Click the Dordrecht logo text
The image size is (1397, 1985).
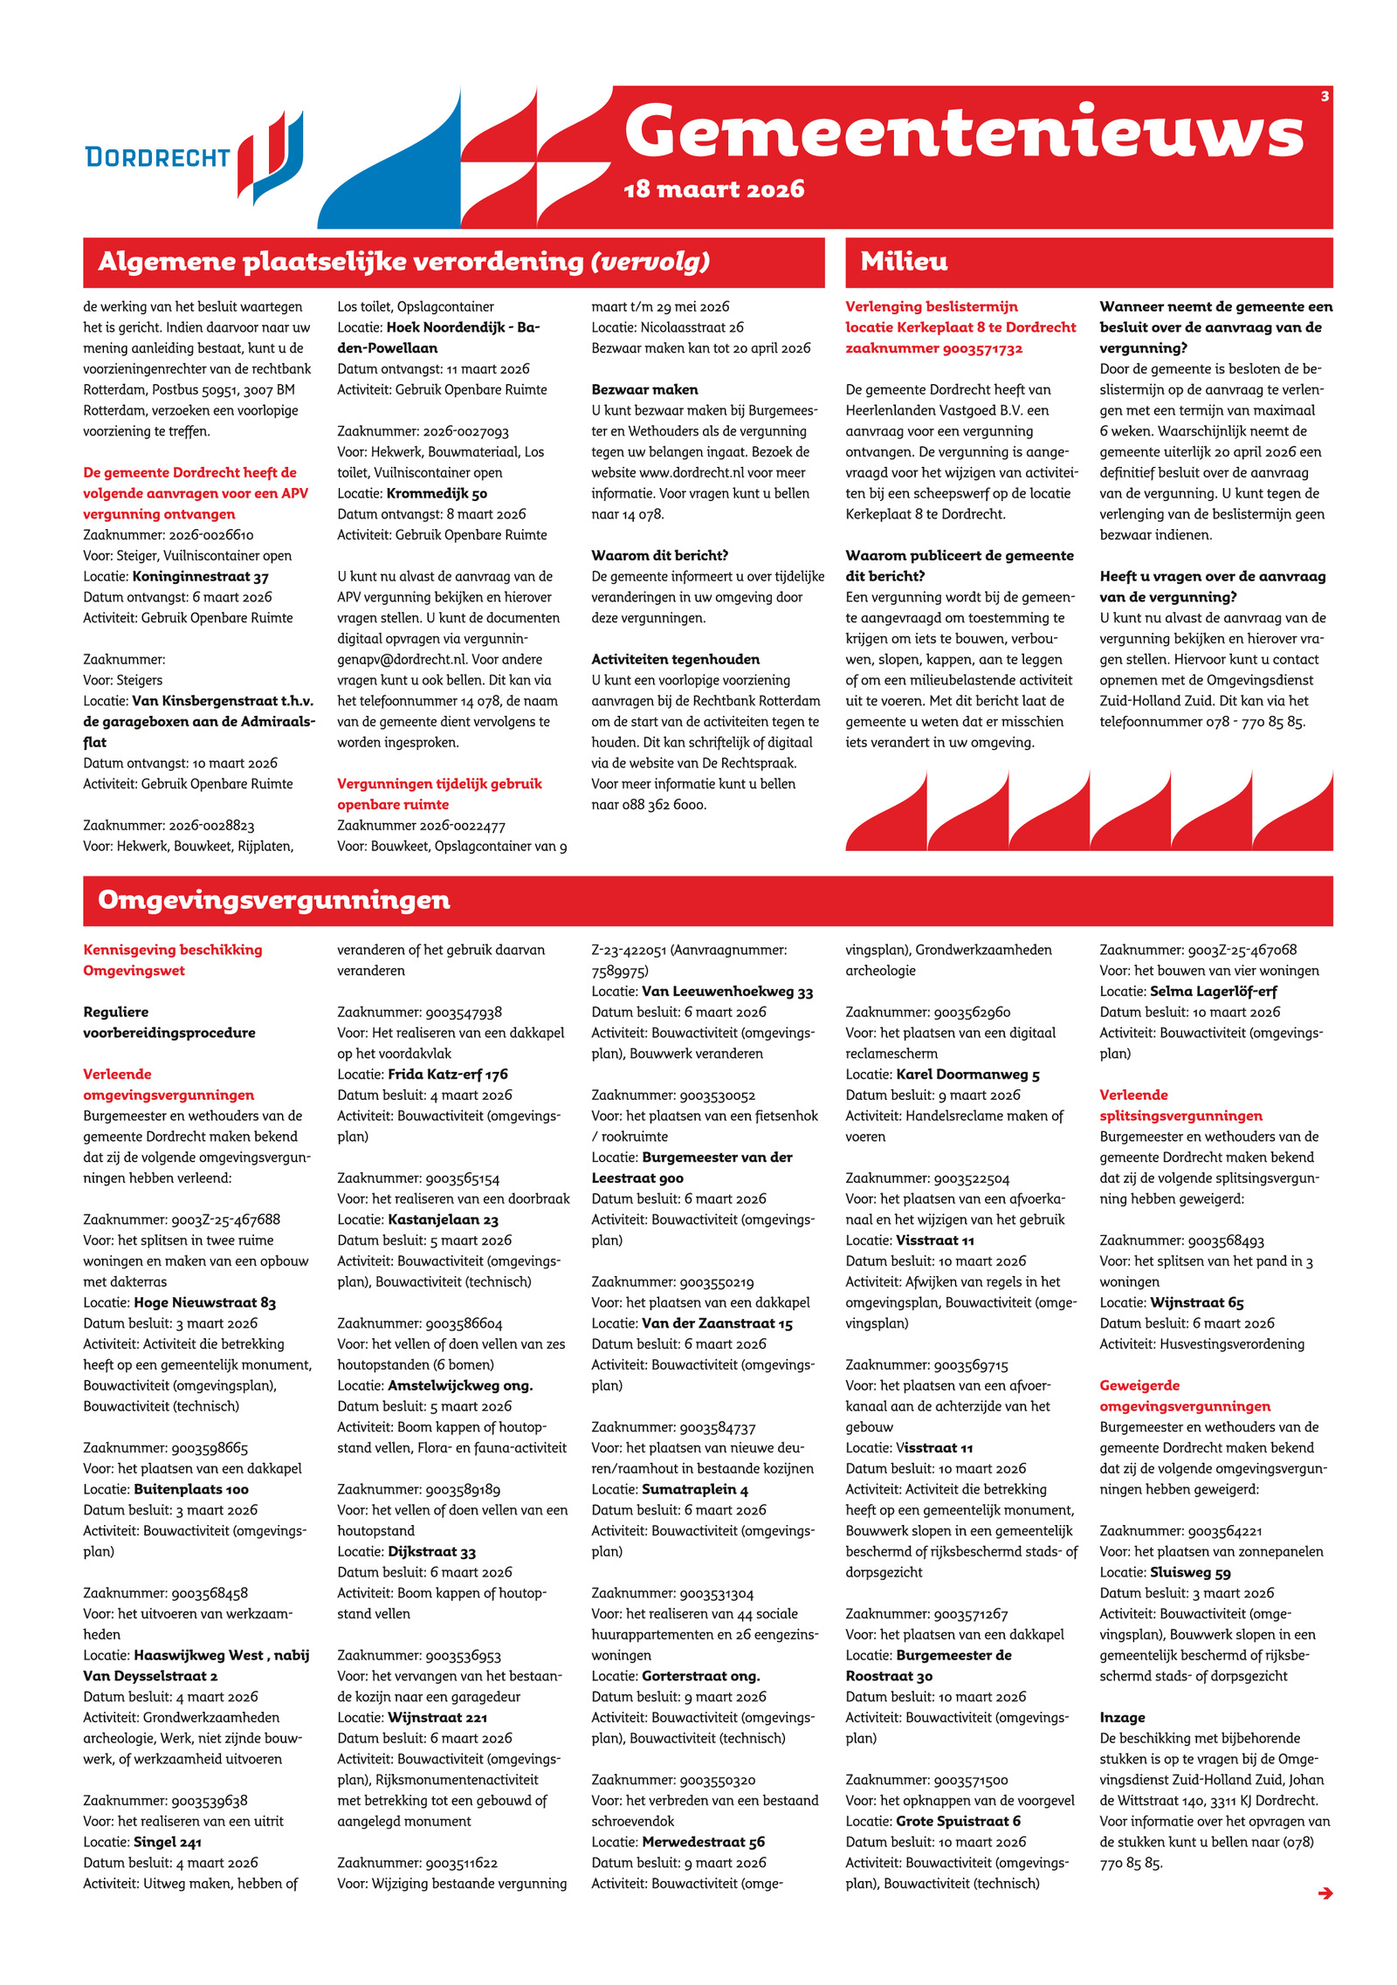(x=157, y=157)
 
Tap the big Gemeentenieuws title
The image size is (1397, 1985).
(x=964, y=133)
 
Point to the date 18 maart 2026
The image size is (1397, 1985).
(x=713, y=189)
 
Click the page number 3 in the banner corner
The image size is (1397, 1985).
(x=1325, y=96)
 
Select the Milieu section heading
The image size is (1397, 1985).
(x=904, y=261)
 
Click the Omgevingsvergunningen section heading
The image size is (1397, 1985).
(x=274, y=900)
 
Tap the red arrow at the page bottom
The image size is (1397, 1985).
(x=1325, y=1892)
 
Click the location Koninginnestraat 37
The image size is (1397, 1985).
(x=200, y=576)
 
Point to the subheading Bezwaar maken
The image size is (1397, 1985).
(x=644, y=389)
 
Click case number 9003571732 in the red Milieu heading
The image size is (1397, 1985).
(x=982, y=348)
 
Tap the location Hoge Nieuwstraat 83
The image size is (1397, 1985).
(x=204, y=1302)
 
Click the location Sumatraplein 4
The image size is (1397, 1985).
(x=694, y=1489)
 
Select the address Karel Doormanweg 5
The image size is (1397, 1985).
(x=967, y=1074)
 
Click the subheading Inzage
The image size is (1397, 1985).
(x=1122, y=1717)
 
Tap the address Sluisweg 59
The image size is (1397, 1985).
(x=1190, y=1572)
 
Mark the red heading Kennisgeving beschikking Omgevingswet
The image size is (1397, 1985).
(x=172, y=959)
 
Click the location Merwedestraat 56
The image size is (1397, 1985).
(x=703, y=1842)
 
